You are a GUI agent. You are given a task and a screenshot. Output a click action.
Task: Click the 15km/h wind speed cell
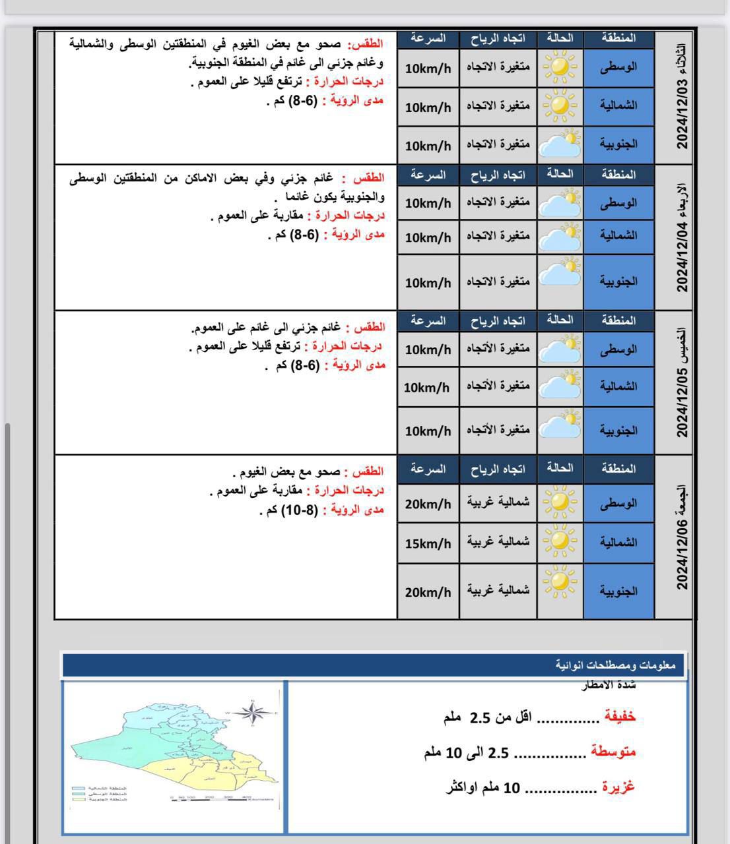click(428, 543)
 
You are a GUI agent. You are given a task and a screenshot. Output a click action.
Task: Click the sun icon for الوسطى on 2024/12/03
click(560, 67)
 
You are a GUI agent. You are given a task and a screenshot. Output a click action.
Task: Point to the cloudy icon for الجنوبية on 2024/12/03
click(560, 144)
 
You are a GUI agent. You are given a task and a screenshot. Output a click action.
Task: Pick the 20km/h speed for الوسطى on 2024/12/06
click(428, 504)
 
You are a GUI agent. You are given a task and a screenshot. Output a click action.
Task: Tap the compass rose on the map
click(252, 712)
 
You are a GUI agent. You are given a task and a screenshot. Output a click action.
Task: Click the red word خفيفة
click(620, 717)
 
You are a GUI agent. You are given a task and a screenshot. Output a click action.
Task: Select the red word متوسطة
click(613, 752)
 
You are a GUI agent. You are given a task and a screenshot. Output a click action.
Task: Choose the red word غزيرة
click(618, 787)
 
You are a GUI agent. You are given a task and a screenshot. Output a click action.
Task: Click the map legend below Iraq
click(99, 794)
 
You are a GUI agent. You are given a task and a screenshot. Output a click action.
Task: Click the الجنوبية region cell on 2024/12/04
click(618, 282)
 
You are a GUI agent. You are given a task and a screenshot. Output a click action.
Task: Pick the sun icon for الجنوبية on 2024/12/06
click(560, 582)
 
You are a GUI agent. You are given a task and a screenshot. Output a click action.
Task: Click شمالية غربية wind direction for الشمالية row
click(498, 543)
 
